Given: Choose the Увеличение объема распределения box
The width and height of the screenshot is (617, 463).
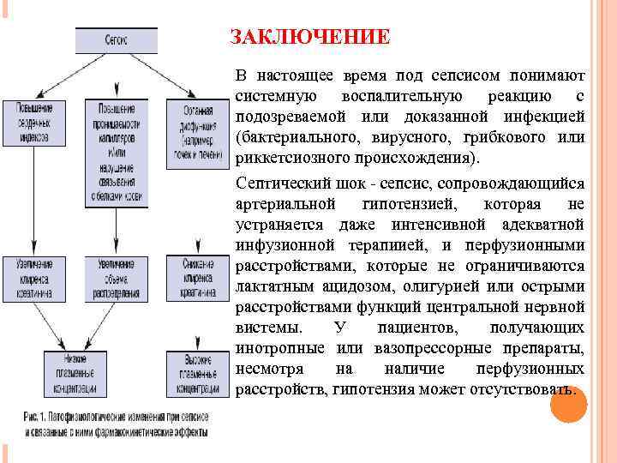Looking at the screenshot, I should point(116,279).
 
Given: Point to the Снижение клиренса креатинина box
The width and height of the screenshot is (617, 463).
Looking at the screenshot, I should point(198,279).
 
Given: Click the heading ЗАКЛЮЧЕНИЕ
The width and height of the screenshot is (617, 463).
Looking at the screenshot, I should point(309,38).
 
